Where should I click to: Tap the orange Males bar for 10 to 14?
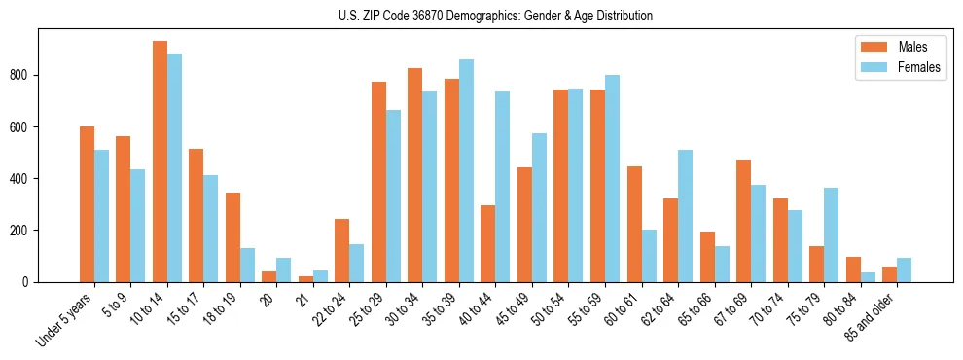tap(160, 162)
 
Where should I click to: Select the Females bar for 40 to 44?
tap(503, 187)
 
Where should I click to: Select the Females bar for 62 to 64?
tap(686, 216)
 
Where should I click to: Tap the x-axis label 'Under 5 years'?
tap(66, 320)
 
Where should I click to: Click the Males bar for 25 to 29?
tap(378, 182)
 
